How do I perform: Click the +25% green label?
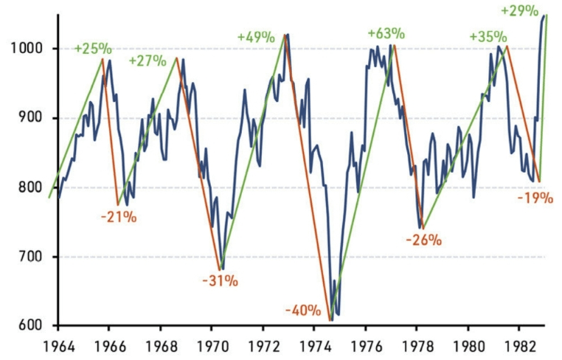pos(93,49)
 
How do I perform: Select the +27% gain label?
pos(148,60)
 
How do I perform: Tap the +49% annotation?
pos(256,37)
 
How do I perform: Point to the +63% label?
pos(386,33)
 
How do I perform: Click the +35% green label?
pos(488,37)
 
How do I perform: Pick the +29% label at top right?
pos(518,11)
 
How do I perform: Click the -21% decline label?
pos(119,217)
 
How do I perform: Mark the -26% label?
pos(423,240)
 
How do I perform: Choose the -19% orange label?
pos(535,198)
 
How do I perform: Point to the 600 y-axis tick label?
pos(27,325)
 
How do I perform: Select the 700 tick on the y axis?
pos(27,257)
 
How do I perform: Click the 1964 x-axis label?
pos(57,344)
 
